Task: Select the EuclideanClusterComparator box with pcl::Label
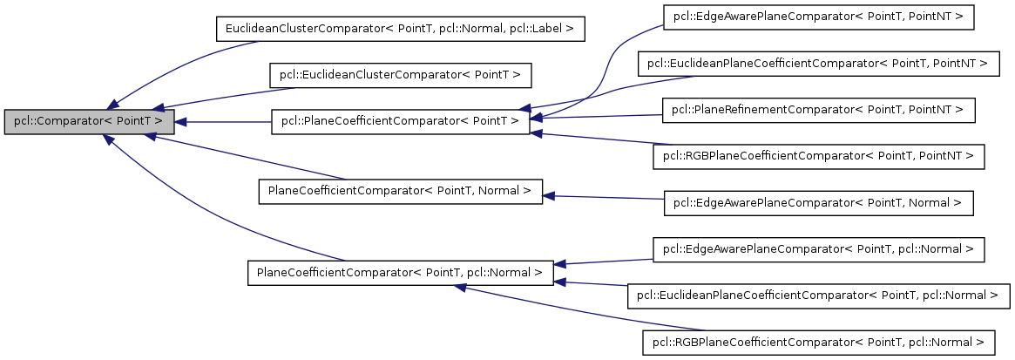[x=399, y=29]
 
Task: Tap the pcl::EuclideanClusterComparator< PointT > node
[x=400, y=76]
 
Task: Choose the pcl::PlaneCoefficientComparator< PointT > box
[x=400, y=122]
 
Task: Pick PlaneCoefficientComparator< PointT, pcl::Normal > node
[x=400, y=272]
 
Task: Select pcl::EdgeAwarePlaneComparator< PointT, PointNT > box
[x=818, y=17]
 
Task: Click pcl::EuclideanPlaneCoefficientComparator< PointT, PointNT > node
[x=818, y=64]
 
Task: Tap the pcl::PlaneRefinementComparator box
[x=818, y=110]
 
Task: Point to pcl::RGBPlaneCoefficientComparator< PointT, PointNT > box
[x=818, y=157]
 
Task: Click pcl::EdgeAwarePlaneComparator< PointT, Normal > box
[x=818, y=203]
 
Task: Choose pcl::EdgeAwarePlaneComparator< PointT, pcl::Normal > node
[x=818, y=250]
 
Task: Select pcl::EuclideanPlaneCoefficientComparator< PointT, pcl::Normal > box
[x=818, y=295]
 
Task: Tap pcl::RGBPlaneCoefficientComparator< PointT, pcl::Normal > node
[x=818, y=343]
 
